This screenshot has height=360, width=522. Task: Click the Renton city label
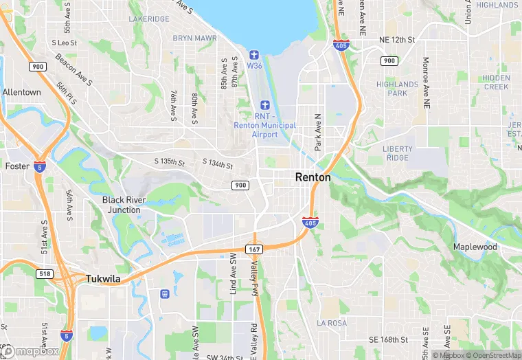(313, 177)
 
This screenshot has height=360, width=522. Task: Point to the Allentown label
(21, 92)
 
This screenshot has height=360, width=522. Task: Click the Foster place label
(17, 166)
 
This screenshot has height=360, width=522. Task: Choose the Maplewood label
(475, 247)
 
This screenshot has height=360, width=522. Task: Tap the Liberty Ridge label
(398, 153)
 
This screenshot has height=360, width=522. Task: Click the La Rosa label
(332, 322)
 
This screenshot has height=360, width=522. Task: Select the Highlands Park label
(397, 89)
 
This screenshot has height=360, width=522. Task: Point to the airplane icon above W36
(253, 54)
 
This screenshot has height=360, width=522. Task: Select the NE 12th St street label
(397, 41)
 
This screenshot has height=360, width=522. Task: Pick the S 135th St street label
(170, 163)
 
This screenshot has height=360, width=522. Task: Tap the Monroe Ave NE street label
(427, 82)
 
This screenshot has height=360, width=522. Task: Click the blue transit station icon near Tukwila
(165, 294)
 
